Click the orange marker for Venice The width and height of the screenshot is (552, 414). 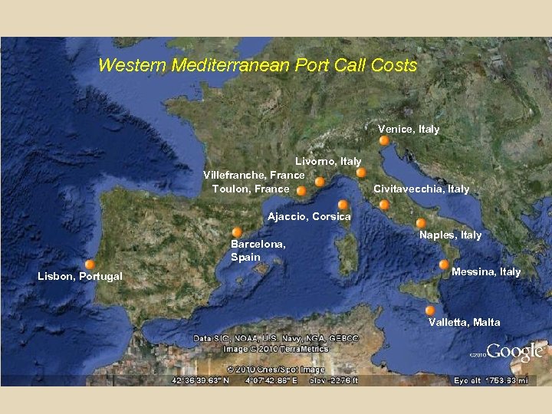384,141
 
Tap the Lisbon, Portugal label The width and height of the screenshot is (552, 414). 80,276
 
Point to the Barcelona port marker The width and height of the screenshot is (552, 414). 237,232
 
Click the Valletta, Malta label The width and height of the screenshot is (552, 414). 465,322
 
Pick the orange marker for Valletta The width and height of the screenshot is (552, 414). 430,310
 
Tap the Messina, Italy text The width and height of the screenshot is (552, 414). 486,271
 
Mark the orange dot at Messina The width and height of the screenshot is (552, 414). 444,264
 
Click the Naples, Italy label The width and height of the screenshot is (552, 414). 451,235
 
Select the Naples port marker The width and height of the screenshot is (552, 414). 420,223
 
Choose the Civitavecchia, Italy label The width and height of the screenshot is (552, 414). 422,189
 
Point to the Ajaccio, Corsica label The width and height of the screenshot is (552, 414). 309,217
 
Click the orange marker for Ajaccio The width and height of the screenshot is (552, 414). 343,205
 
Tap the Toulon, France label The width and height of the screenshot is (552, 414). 251,189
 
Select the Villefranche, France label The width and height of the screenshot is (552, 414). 254,175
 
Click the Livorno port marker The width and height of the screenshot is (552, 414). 361,173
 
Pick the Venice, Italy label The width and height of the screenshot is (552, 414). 409,129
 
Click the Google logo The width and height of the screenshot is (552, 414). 514,352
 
